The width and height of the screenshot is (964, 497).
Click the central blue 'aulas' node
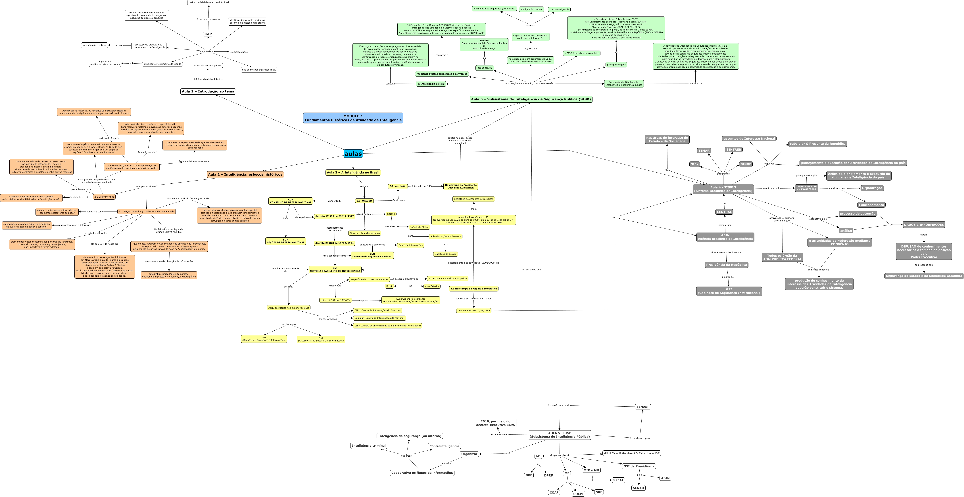[x=353, y=154]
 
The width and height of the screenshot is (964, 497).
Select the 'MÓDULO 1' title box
[x=353, y=118]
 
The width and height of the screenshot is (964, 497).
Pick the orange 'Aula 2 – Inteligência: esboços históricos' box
[x=245, y=175]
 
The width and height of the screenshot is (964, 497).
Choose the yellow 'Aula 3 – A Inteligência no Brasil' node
[x=353, y=173]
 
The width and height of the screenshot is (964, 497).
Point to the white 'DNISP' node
[x=208, y=34]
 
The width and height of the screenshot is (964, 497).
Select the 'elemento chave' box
[x=239, y=52]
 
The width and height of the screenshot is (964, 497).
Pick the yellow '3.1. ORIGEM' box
[x=364, y=201]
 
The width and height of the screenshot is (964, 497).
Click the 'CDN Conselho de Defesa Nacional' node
[x=290, y=201]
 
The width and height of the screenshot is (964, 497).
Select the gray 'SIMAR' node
[x=704, y=151]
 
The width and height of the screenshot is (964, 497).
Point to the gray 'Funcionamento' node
[x=871, y=205]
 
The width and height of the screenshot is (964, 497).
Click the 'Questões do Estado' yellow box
[x=445, y=254]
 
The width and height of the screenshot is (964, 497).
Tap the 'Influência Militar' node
[x=419, y=227]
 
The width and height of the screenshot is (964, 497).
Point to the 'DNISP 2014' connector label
[x=695, y=84]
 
